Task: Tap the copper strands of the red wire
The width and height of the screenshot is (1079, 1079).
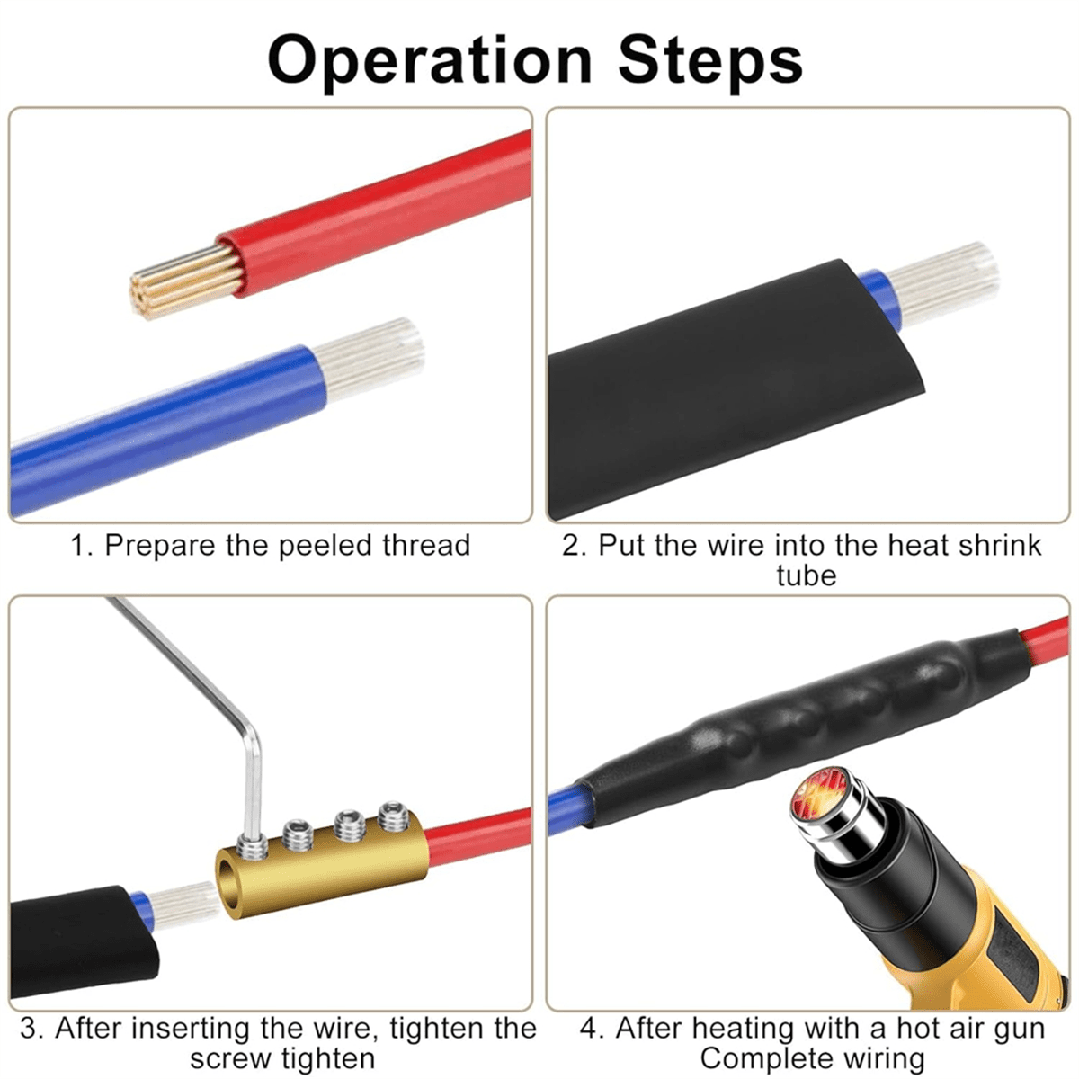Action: tap(186, 281)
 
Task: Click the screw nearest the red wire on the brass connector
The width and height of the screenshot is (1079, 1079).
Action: tap(392, 820)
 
